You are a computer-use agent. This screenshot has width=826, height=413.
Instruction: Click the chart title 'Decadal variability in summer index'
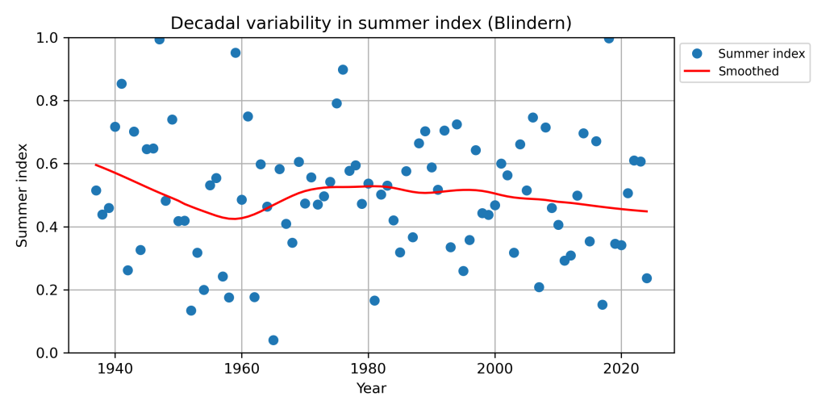(371, 23)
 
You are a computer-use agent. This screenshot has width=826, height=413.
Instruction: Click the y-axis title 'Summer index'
(23, 195)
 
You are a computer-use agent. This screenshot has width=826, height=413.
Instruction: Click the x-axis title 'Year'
(371, 389)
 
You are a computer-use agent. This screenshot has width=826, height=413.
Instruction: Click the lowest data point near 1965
(273, 340)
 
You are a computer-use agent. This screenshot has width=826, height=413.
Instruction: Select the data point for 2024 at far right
(647, 278)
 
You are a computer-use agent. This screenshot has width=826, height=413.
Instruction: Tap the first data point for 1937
(96, 190)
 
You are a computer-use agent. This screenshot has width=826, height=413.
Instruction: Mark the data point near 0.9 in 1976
(343, 69)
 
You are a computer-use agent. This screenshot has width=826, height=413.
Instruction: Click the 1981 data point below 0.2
(374, 301)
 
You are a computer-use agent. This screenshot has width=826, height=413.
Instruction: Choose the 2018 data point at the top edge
(609, 38)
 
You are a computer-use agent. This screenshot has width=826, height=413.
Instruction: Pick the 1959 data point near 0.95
(236, 52)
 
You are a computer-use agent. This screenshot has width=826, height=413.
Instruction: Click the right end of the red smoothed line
(647, 211)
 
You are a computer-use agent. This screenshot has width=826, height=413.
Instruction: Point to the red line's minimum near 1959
(234, 219)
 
